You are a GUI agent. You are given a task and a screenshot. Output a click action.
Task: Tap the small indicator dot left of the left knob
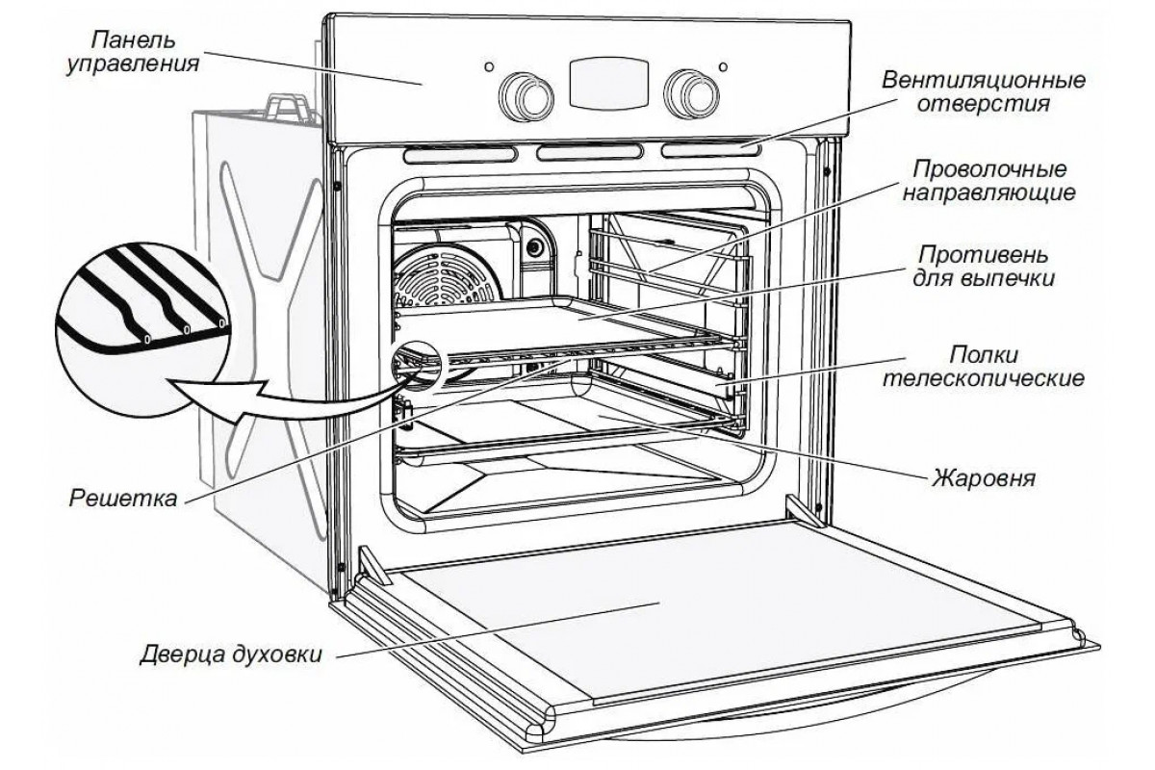coord(490,67)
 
